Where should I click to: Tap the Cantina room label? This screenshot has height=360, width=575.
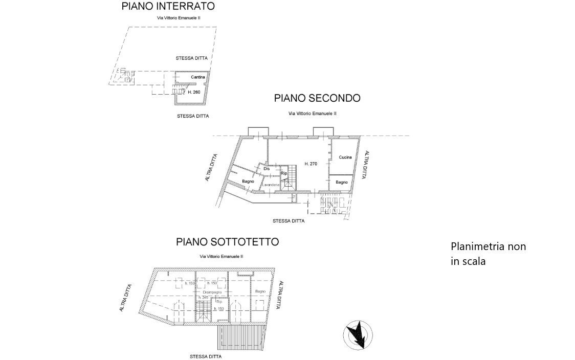pyautogui.click(x=198, y=77)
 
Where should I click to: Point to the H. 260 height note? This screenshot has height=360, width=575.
pyautogui.click(x=193, y=93)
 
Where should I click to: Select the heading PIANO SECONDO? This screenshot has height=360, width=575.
pyautogui.click(x=317, y=98)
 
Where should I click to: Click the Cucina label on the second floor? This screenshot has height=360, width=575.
pyautogui.click(x=345, y=157)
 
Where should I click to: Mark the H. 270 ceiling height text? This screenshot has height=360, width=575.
pyautogui.click(x=311, y=164)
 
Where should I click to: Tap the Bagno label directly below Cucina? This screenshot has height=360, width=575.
pyautogui.click(x=342, y=182)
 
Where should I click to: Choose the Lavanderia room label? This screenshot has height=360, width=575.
pyautogui.click(x=271, y=184)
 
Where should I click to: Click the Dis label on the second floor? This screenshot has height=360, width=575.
pyautogui.click(x=267, y=168)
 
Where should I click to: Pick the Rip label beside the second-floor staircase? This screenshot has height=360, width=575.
pyautogui.click(x=284, y=174)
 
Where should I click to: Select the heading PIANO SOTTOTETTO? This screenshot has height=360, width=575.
pyautogui.click(x=228, y=242)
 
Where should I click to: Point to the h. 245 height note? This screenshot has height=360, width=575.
pyautogui.click(x=204, y=298)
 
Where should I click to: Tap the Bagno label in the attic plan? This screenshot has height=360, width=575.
pyautogui.click(x=260, y=291)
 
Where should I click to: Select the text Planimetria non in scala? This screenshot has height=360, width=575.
pyautogui.click(x=488, y=254)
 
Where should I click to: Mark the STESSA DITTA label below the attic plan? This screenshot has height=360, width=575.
pyautogui.click(x=206, y=356)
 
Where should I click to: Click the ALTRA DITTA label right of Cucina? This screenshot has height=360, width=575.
pyautogui.click(x=365, y=165)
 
